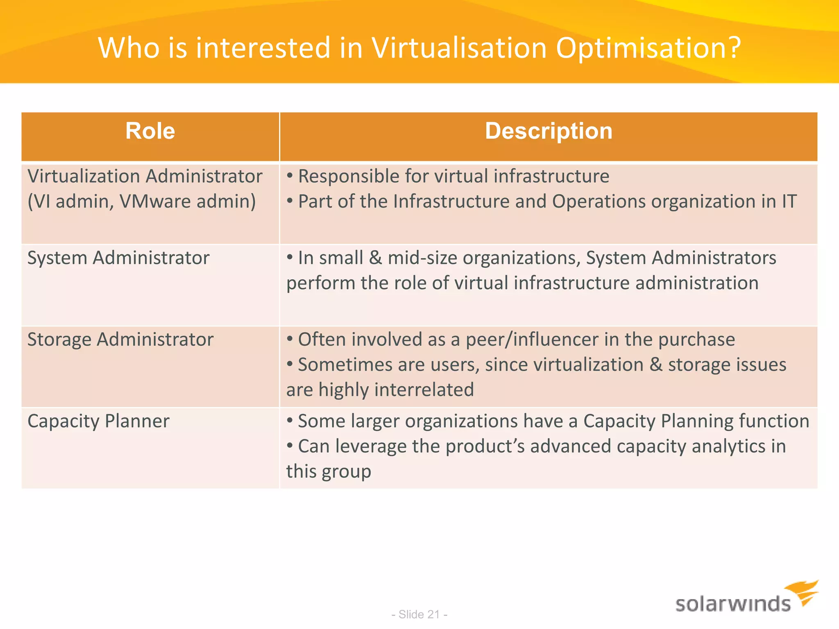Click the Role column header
pos(150,131)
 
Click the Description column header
pos(549,131)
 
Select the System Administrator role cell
pos(118,258)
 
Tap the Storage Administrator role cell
pos(120,339)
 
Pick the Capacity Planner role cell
pos(98,421)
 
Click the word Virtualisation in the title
pos(459,48)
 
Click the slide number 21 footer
pos(419,614)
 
